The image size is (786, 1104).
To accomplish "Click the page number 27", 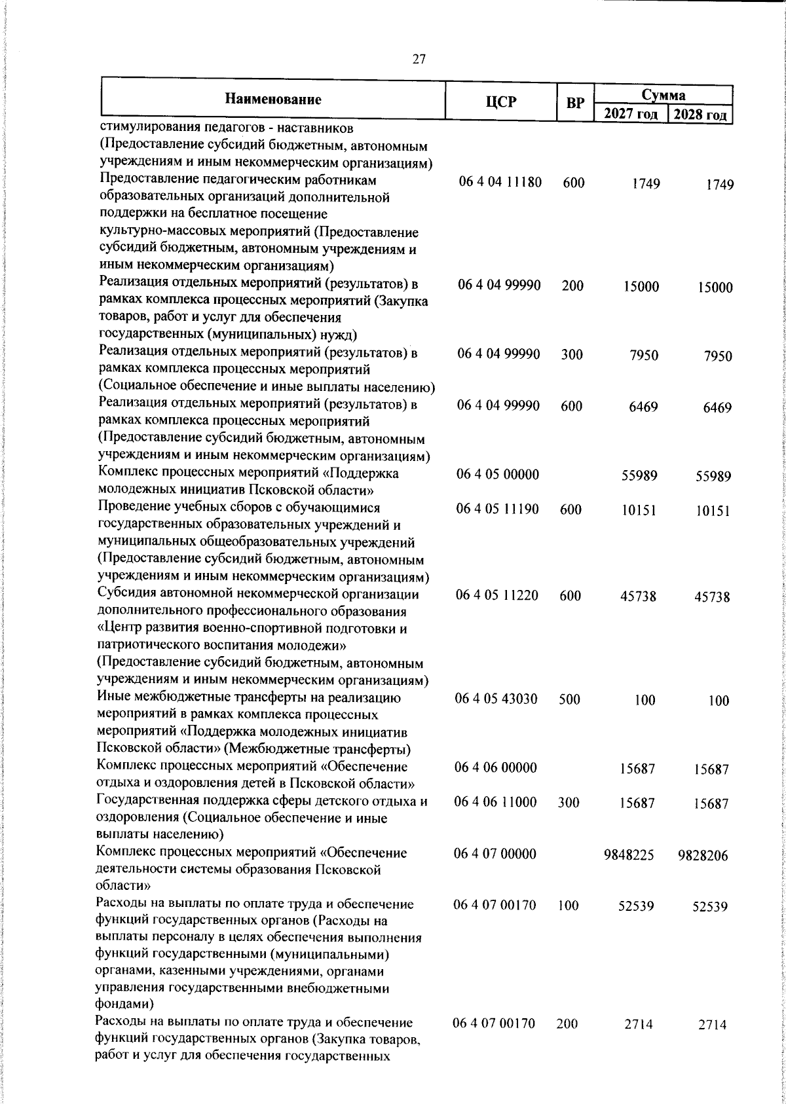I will pos(419,59).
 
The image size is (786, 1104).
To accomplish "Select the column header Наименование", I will pos(273,100).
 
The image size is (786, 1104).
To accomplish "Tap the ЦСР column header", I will pos(501,101).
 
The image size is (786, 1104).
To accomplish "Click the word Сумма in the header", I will pos(664,95).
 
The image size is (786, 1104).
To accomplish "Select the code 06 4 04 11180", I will pos(500,183).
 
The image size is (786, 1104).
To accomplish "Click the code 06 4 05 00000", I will pos(498,474).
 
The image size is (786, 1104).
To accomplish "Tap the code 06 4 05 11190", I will pos(498,509).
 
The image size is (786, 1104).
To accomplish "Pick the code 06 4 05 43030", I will pos(496,699).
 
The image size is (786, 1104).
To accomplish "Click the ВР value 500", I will pos(570,699).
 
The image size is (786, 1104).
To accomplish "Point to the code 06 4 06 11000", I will pos(496,802).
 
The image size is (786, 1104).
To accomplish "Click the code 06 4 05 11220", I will pos(497,595).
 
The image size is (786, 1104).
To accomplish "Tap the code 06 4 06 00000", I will pos(496,767).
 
